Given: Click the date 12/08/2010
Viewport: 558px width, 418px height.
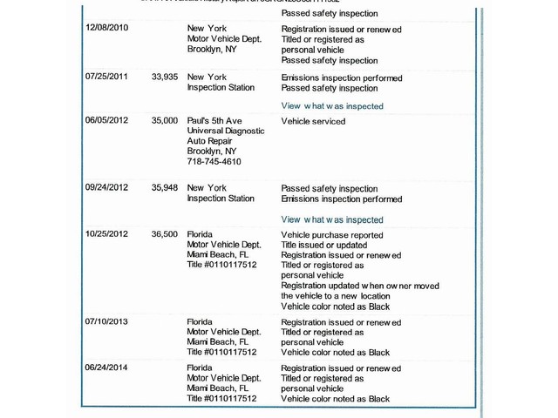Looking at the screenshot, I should click(106, 28).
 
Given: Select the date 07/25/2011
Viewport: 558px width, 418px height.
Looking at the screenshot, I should click(106, 77).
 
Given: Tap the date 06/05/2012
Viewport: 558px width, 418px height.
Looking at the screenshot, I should click(106, 120).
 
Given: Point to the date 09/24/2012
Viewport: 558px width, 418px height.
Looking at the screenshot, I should click(106, 188).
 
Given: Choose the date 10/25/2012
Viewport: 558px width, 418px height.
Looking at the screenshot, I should click(106, 234).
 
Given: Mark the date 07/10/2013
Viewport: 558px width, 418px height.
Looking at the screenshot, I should click(106, 321).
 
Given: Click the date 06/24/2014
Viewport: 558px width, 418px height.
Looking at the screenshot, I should click(106, 368).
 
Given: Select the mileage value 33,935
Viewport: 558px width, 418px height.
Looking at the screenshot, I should click(164, 77).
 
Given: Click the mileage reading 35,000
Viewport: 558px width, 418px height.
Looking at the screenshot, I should click(164, 120).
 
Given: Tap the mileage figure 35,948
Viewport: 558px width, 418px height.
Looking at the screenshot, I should click(164, 188).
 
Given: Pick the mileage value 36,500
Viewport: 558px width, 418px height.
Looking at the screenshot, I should click(164, 234).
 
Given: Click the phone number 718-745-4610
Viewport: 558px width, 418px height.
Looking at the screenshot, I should click(214, 162).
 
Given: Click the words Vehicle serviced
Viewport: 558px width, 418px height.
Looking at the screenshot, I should click(313, 121).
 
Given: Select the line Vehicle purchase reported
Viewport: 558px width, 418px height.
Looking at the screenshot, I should click(331, 235).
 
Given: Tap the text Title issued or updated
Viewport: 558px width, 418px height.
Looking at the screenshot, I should click(324, 246).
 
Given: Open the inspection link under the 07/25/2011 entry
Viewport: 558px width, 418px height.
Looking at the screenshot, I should click(331, 105).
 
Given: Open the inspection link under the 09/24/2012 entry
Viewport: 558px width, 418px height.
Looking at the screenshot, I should click(331, 219).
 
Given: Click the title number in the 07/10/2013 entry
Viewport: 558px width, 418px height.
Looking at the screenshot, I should click(221, 353).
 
